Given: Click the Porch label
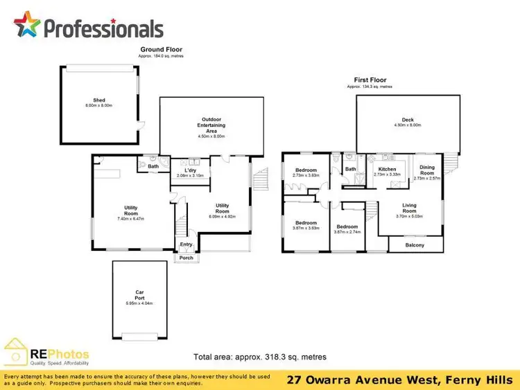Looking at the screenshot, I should point(186,258).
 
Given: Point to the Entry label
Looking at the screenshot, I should point(186,245).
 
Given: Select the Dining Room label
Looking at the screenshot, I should point(427,170).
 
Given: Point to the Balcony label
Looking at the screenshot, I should point(415,245).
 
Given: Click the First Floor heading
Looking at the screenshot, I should point(370,80).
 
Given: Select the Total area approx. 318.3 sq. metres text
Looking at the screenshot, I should point(259,357).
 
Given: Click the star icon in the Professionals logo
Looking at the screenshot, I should point(27,26).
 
